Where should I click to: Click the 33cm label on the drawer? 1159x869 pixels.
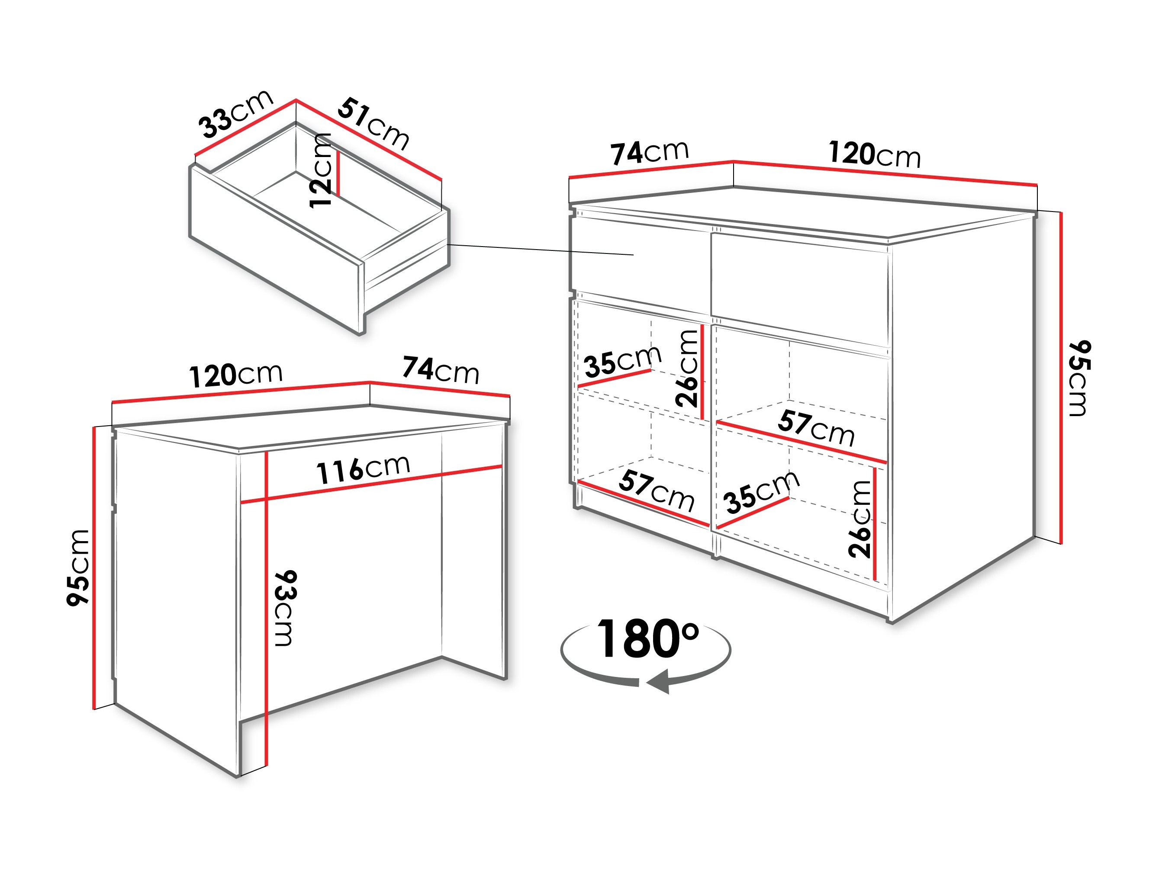236,114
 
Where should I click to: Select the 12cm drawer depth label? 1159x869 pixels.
321,171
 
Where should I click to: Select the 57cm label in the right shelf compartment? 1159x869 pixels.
816,428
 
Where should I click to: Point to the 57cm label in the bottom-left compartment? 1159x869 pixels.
657,491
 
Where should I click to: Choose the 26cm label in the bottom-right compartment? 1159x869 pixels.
859,519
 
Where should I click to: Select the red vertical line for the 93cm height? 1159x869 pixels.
267,608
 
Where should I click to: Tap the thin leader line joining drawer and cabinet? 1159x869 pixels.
540,249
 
